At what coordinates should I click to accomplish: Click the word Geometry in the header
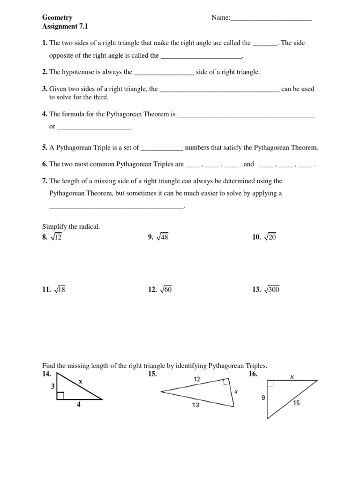pyautogui.click(x=57, y=18)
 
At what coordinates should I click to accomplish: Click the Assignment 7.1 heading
pyautogui.click(x=65, y=27)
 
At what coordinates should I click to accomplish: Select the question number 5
pyautogui.click(x=45, y=148)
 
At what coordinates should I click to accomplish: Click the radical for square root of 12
pyautogui.click(x=55, y=238)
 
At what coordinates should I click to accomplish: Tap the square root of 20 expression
pyautogui.click(x=270, y=238)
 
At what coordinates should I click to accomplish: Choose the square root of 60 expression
pyautogui.click(x=165, y=290)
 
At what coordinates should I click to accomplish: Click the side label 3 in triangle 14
pyautogui.click(x=53, y=386)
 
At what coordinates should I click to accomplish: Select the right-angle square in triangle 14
pyautogui.click(x=60, y=396)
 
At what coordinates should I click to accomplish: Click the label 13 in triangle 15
pyautogui.click(x=195, y=405)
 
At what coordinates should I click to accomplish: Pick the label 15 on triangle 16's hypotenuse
pyautogui.click(x=297, y=402)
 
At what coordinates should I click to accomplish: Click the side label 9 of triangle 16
pyautogui.click(x=263, y=398)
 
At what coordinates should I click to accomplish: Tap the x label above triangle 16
pyautogui.click(x=292, y=376)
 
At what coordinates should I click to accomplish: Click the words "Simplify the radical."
pyautogui.click(x=71, y=227)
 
